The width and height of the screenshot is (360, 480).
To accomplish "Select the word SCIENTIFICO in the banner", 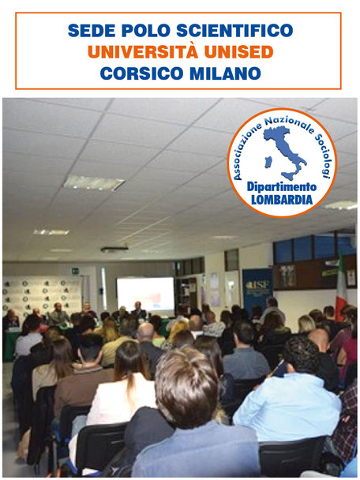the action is point(234,30).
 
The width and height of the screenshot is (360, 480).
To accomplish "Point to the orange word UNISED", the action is point(238,52).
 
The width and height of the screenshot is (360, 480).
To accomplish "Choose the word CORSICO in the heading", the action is point(141,73).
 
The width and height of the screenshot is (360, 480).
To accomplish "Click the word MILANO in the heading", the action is point(225,73).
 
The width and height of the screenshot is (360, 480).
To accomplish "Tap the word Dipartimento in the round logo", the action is point(282,186).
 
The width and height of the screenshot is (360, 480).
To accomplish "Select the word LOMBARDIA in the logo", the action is point(282,200).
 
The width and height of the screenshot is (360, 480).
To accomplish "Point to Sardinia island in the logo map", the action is point(268,162).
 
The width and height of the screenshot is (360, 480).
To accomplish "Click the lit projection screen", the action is point(145,293).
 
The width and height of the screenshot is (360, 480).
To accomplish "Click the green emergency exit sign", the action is point(75,271).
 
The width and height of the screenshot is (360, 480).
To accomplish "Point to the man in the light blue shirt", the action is point(289,395).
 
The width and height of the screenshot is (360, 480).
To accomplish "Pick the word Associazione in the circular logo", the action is point(245,152).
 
